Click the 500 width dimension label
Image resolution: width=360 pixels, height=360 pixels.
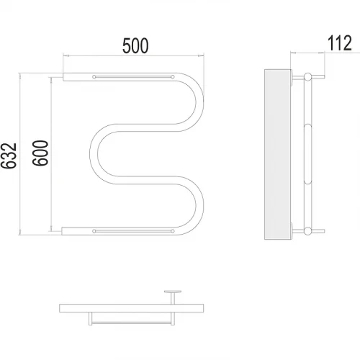coord(135,45)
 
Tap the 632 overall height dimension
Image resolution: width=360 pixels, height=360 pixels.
coord(9,156)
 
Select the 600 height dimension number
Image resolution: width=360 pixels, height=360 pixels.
coord(40,153)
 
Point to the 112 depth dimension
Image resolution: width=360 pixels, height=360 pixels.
coord(340,43)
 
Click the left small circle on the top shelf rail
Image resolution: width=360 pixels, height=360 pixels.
coord(94,77)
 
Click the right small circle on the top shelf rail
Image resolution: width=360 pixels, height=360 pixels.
coord(173,77)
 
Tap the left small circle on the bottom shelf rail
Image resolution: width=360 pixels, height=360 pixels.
coord(94,231)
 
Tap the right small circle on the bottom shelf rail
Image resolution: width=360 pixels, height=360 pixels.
coord(173,231)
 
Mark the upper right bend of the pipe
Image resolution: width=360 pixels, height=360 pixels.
coord(199,102)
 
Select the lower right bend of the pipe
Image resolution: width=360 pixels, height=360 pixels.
coord(199,205)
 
